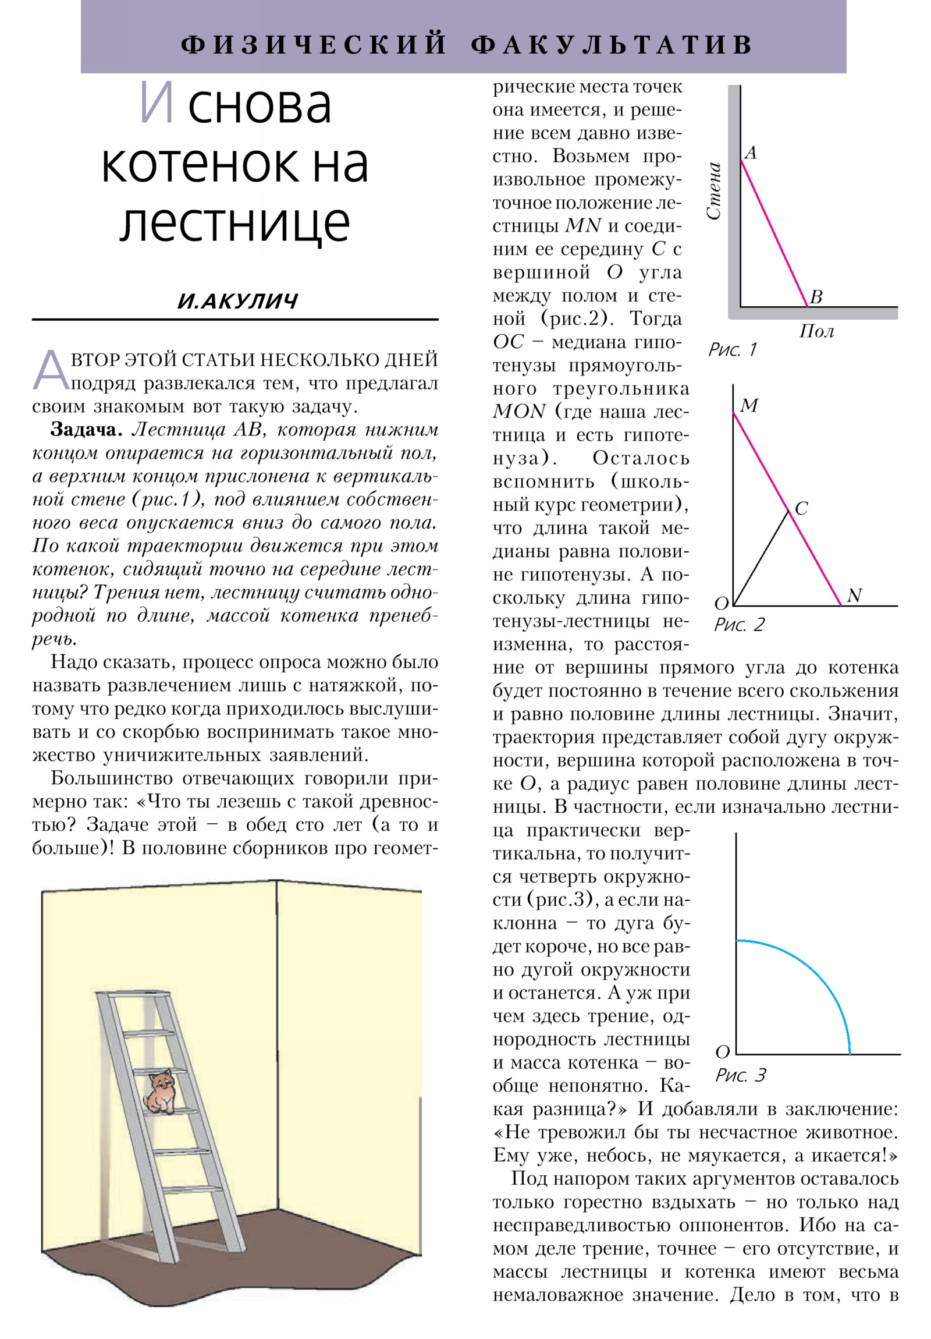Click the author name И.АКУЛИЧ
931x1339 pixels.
(237, 302)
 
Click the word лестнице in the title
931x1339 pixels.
(234, 224)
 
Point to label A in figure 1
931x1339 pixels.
(751, 153)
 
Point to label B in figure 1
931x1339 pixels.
(816, 297)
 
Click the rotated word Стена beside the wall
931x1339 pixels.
(714, 192)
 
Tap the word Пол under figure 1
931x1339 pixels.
(816, 331)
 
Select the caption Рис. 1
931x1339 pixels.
(731, 349)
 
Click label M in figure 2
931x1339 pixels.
(748, 405)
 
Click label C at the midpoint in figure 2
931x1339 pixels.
(801, 508)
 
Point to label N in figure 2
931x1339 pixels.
(854, 596)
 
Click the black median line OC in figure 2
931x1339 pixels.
(760, 559)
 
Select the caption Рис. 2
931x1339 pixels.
(738, 625)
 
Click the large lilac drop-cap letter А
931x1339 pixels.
(50, 370)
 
